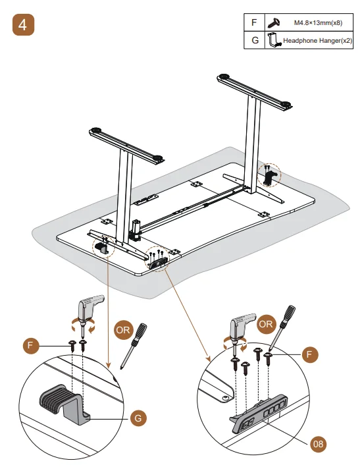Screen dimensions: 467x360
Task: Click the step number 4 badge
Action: pyautogui.click(x=23, y=26)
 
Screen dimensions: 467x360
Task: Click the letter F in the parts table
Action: pyautogui.click(x=254, y=22)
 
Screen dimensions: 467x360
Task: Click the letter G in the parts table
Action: pyautogui.click(x=254, y=40)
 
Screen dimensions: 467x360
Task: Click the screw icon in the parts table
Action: pyautogui.click(x=274, y=22)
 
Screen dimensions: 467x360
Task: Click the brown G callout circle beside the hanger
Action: pyautogui.click(x=136, y=417)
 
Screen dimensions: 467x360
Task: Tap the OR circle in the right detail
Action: pyautogui.click(x=266, y=325)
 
